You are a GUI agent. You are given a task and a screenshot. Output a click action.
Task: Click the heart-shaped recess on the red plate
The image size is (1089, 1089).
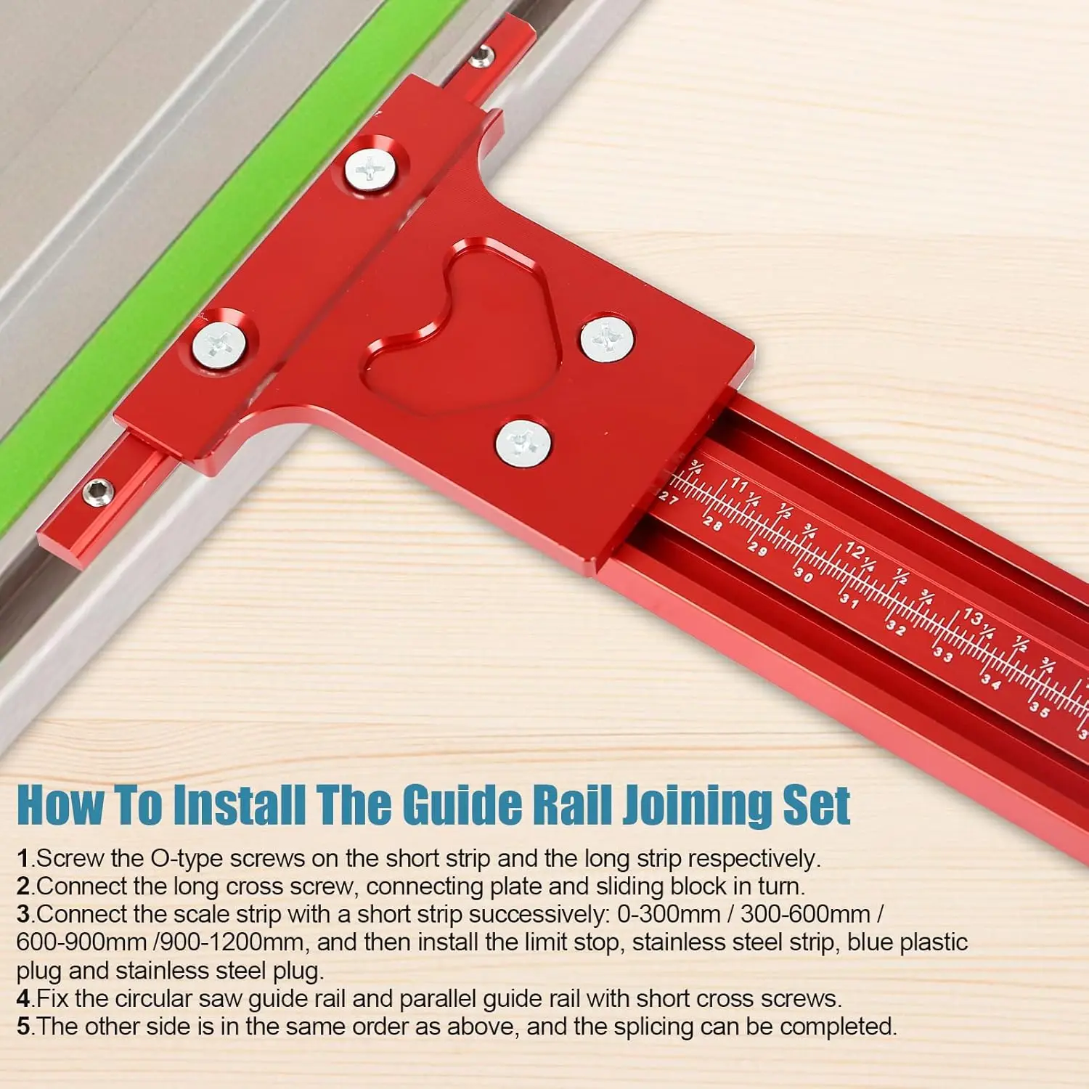click(x=465, y=327)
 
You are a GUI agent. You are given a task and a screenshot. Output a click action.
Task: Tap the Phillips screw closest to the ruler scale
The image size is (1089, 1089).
click(x=523, y=443)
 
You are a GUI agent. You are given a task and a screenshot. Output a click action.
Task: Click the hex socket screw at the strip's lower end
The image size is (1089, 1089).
click(x=97, y=493)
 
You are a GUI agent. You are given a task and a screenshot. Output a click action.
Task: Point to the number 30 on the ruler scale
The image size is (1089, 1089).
click(x=803, y=575)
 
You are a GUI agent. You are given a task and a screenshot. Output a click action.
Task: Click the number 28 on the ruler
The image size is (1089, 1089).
click(x=712, y=523)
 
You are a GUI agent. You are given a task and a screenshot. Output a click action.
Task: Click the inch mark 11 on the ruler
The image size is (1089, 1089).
click(x=738, y=484)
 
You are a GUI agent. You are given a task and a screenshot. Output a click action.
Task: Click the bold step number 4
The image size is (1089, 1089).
click(x=23, y=999)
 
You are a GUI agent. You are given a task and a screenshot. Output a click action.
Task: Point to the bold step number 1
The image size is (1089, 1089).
click(x=23, y=859)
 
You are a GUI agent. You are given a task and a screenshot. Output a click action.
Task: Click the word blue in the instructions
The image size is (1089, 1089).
click(x=870, y=942)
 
